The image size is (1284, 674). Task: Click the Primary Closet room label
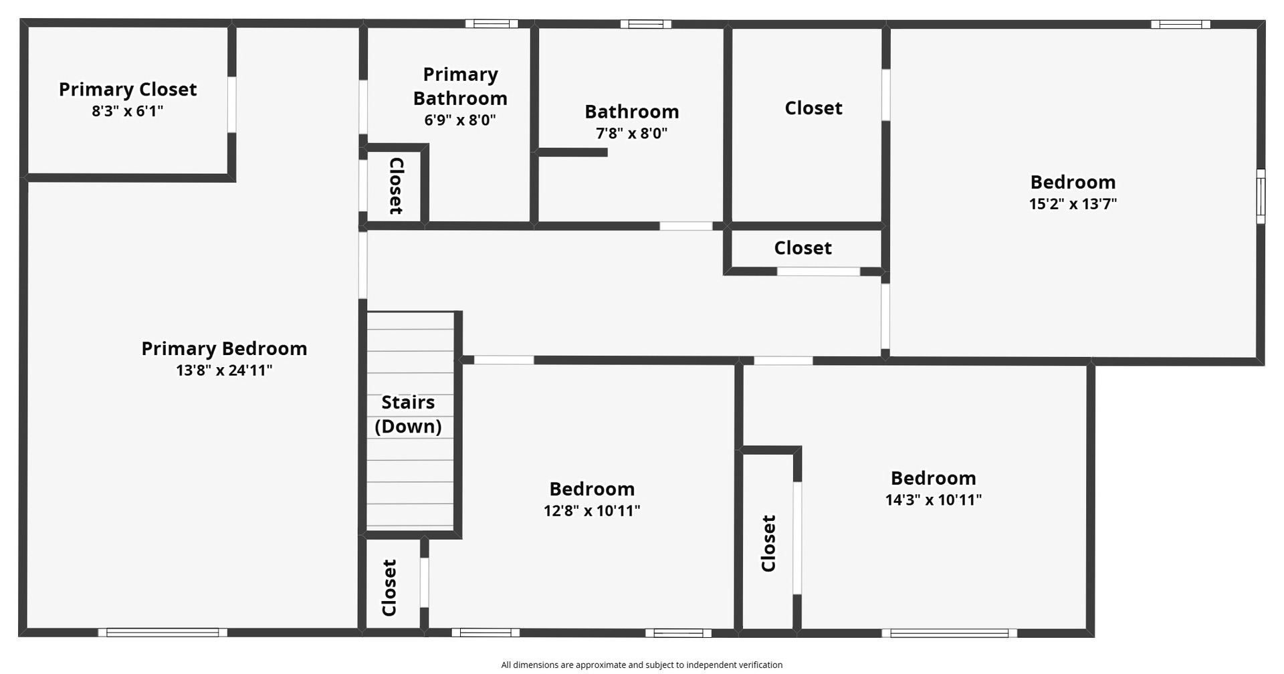[x=128, y=90]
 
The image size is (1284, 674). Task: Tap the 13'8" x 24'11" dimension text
[x=224, y=370]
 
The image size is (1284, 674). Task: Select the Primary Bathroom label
[x=460, y=86]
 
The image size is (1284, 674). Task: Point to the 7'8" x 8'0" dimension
[x=632, y=133]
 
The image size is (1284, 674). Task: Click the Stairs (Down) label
[x=408, y=414]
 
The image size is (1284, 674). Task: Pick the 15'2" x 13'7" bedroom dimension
[x=1073, y=204]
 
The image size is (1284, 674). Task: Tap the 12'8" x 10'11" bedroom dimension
[x=592, y=511]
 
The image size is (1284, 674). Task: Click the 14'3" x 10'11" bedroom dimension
[x=934, y=500]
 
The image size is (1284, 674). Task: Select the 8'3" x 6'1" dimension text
[x=128, y=111]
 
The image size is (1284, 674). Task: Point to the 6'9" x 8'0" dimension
[x=460, y=120]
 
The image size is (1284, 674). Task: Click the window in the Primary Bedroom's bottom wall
[x=163, y=633]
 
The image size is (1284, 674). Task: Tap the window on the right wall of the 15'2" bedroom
[x=1261, y=196]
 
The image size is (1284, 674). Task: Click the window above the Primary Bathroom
[x=492, y=24]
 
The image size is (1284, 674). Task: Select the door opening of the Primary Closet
[x=232, y=104]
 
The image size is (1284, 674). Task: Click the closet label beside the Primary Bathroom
[x=397, y=186]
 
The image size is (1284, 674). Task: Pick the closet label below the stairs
[x=389, y=588]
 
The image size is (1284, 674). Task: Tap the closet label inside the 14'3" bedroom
[x=769, y=543]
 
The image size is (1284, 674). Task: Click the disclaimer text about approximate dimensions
[x=642, y=665]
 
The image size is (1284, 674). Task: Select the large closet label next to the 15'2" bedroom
[x=813, y=108]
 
